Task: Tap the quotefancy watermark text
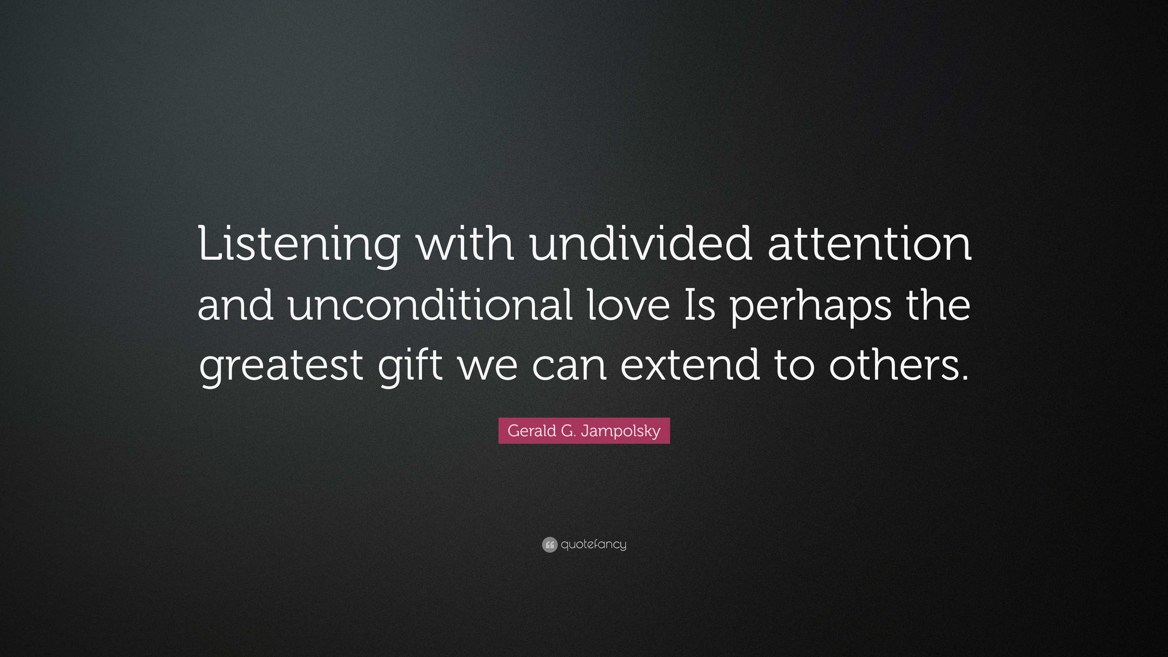pos(593,544)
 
